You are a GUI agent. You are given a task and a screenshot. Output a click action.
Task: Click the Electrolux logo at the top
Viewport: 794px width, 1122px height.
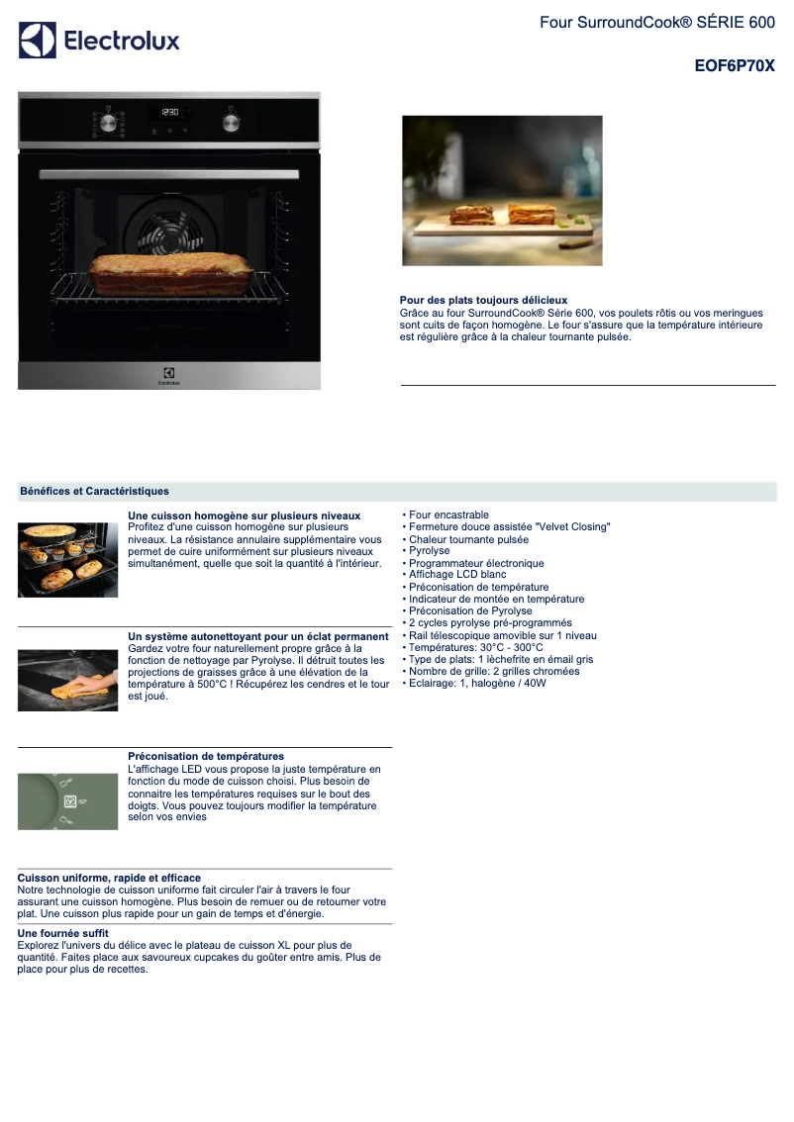99,41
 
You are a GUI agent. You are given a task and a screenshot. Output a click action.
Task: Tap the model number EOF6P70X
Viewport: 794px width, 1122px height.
735,67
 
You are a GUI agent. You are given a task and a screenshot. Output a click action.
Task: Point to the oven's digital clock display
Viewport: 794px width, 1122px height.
170,113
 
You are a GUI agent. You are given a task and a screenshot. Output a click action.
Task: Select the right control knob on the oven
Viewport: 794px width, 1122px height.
232,123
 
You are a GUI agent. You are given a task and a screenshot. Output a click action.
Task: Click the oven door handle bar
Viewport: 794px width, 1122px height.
169,174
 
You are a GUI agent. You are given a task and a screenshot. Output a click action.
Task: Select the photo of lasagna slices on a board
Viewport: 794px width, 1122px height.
502,191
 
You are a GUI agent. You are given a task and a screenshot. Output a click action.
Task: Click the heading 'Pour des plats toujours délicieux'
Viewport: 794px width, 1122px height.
483,300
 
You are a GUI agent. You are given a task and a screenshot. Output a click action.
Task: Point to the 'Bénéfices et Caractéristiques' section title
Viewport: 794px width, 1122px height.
94,491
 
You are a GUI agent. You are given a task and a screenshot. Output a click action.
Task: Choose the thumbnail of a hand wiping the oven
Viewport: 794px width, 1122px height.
67,680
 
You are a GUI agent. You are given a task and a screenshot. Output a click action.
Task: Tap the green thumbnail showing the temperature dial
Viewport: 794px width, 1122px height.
67,800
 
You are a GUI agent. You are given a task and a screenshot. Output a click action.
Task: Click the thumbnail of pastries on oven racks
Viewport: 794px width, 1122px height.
67,560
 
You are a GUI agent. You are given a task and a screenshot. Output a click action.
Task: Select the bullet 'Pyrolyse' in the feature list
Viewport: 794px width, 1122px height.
429,551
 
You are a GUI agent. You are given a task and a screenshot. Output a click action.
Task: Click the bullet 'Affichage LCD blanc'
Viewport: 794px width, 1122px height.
457,575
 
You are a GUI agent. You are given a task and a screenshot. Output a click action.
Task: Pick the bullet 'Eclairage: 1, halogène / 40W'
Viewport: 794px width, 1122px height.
477,683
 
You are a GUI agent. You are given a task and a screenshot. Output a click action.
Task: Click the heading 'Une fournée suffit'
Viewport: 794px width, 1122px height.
63,933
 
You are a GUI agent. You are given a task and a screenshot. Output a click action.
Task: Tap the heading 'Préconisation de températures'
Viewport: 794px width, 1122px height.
206,756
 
